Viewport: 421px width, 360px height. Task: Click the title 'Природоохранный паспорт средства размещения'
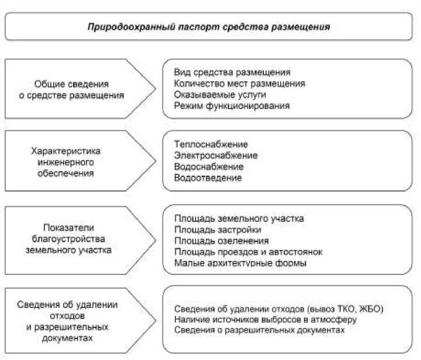pyautogui.click(x=209, y=26)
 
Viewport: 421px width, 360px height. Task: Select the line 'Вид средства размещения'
pyautogui.click(x=232, y=73)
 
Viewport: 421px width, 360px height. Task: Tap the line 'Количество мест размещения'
pyautogui.click(x=239, y=84)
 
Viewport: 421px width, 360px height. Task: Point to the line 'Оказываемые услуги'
pyautogui.click(x=220, y=94)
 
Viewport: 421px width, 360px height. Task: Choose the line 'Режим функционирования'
pyautogui.click(x=232, y=105)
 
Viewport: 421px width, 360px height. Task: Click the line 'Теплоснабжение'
pyautogui.click(x=210, y=145)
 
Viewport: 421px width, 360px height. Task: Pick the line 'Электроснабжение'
pyautogui.click(x=216, y=156)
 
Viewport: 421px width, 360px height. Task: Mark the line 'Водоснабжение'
pyautogui.click(x=208, y=167)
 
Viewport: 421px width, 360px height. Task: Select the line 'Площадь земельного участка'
pyautogui.click(x=239, y=218)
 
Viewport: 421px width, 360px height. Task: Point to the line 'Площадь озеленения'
pyautogui.click(x=221, y=241)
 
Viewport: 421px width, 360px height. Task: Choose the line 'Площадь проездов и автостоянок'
pyautogui.click(x=248, y=252)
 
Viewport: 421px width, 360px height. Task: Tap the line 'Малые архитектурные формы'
pyautogui.click(x=240, y=263)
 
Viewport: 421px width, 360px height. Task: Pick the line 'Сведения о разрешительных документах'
pyautogui.click(x=260, y=330)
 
